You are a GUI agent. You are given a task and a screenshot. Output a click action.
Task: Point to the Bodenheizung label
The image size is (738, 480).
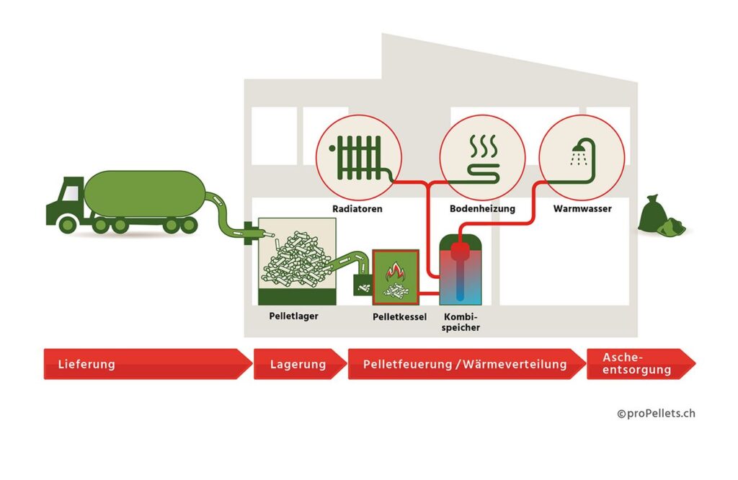tap(482, 209)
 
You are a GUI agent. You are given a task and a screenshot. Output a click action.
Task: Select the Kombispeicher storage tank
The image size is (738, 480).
tap(461, 271)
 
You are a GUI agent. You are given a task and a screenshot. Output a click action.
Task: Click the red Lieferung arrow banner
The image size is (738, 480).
tap(144, 364)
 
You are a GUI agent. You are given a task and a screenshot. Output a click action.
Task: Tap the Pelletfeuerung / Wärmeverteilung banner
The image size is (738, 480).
tap(465, 364)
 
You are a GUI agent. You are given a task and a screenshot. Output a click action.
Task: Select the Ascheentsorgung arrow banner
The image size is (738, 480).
tap(638, 364)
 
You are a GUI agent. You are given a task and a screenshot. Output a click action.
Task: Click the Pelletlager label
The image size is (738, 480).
tap(288, 316)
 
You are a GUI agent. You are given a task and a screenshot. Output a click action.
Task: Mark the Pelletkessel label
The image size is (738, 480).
tap(399, 316)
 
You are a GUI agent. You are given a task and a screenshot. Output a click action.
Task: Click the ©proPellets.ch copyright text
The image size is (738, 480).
tap(656, 414)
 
